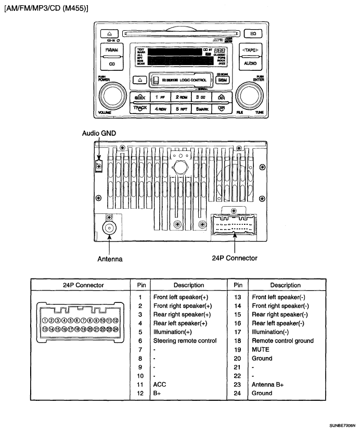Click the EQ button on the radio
[253, 33]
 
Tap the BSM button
[223, 81]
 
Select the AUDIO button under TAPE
[250, 63]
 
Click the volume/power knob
[112, 96]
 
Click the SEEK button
[140, 97]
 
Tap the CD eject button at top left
[110, 33]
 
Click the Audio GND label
[99, 133]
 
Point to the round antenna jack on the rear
[110, 228]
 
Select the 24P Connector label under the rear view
[235, 258]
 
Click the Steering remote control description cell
[185, 341]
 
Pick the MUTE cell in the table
[261, 350]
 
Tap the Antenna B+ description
[267, 385]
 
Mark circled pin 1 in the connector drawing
[45, 321]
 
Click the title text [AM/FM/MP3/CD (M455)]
[46, 9]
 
